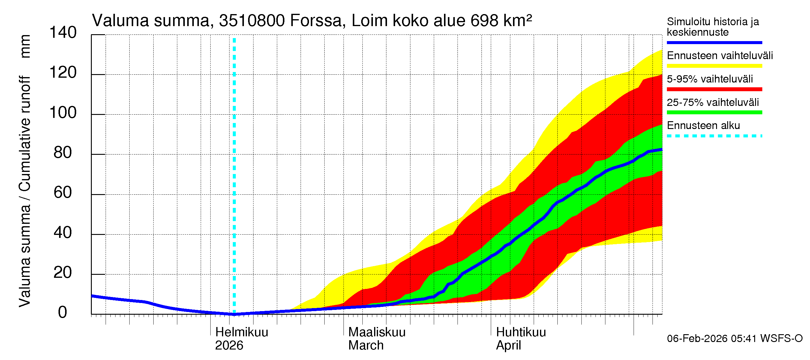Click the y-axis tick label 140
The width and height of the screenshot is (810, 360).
coord(63,33)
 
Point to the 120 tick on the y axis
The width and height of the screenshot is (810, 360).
coord(63,73)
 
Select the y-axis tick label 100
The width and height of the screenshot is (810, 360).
coord(63,112)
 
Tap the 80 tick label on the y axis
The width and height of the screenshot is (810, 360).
coord(63,152)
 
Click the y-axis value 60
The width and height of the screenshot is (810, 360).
coord(63,192)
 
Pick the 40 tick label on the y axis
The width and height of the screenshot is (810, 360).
coord(63,233)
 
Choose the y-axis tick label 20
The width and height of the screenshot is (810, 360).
coord(63,273)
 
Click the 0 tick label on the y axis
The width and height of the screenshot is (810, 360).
coord(63,313)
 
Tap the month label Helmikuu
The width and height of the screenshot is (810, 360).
coord(241,332)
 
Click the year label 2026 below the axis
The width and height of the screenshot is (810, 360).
coord(229,346)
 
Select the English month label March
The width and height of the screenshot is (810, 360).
coord(366,346)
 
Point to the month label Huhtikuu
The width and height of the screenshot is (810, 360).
coord(521,332)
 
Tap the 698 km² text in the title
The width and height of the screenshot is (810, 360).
coord(501,21)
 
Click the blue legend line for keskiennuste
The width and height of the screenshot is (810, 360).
coord(714,42)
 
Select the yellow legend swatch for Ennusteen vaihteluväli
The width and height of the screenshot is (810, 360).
coord(714,66)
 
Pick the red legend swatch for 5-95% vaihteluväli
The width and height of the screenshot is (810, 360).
coord(714,89)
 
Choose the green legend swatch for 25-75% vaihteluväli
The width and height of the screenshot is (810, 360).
coord(714,112)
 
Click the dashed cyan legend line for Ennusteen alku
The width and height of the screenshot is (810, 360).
coord(714,136)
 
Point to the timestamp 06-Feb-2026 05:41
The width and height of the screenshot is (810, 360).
coord(712,339)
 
